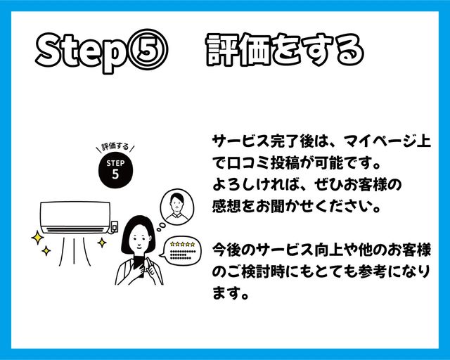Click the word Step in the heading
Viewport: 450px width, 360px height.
[82, 52]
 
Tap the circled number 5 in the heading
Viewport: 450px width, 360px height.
[148, 49]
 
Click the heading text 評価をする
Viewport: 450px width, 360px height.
[285, 50]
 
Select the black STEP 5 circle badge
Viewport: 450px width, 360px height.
[115, 171]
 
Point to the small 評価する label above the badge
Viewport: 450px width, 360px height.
[115, 147]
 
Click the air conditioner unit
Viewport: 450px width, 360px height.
[75, 217]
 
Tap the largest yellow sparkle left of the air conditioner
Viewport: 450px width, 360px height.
[37, 238]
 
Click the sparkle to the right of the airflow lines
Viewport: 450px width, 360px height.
[101, 243]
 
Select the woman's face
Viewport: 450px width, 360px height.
[139, 238]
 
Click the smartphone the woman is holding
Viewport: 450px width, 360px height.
[139, 266]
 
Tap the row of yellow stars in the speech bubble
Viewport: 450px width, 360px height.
[182, 244]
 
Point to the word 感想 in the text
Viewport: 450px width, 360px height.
[226, 207]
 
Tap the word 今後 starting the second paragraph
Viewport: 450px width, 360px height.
[226, 250]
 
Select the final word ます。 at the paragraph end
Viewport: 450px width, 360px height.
[231, 293]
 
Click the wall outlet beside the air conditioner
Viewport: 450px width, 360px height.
[114, 227]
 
